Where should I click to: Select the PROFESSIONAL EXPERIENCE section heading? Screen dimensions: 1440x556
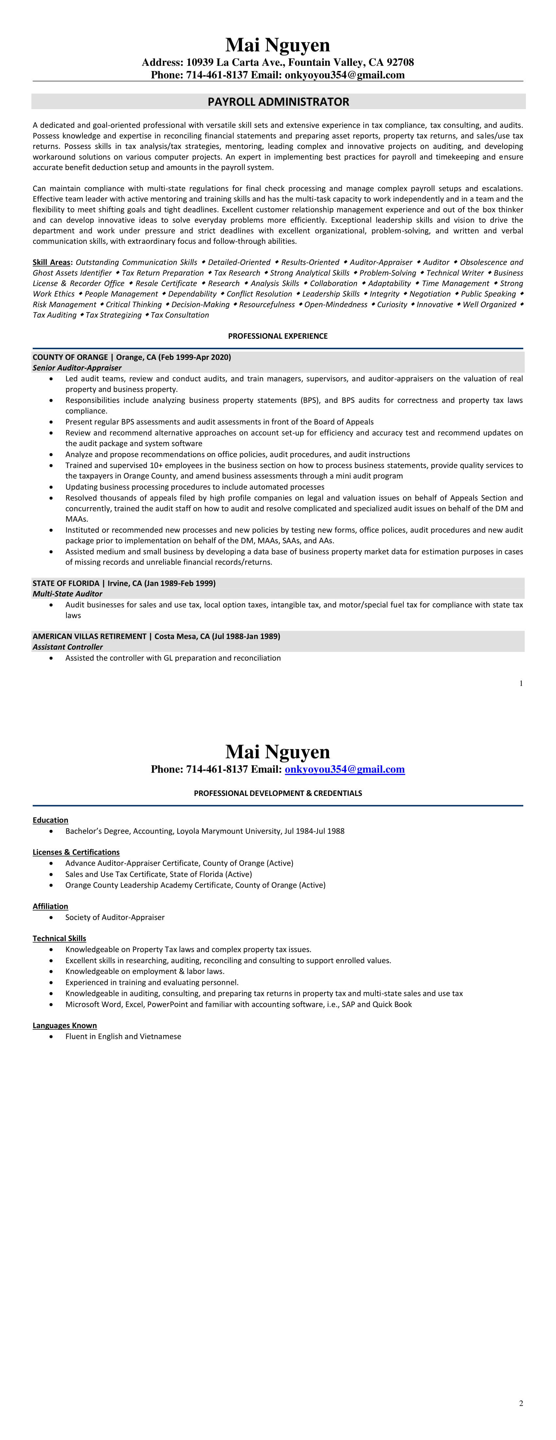(278, 336)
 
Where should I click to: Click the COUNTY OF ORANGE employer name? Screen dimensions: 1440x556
(70, 357)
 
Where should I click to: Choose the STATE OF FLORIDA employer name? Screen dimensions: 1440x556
(65, 583)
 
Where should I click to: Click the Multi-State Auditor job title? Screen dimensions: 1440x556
(67, 594)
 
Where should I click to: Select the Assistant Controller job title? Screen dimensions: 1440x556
(68, 647)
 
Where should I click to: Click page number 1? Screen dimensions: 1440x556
(521, 683)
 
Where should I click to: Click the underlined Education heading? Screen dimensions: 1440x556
(50, 820)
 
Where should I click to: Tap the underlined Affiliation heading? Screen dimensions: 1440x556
(50, 906)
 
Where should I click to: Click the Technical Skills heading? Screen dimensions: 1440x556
(59, 938)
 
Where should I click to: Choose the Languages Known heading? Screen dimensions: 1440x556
(64, 1025)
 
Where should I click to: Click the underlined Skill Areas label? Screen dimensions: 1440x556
(51, 262)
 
